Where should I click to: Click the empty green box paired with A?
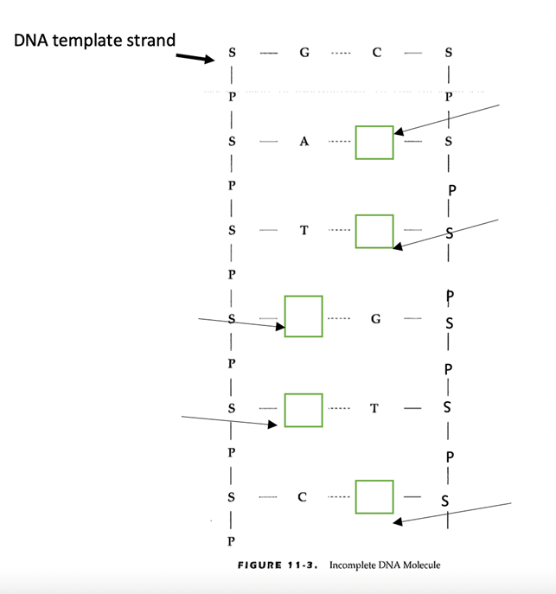374,142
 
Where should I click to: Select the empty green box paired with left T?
374,231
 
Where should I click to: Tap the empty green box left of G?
304,316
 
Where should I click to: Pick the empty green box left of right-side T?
304,409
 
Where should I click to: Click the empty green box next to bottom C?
374,497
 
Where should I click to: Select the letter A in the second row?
304,143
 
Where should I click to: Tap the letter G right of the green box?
375,318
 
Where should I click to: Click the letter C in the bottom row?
302,497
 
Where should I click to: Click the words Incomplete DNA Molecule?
385,565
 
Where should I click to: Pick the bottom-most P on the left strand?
231,541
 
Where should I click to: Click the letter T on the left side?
303,231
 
